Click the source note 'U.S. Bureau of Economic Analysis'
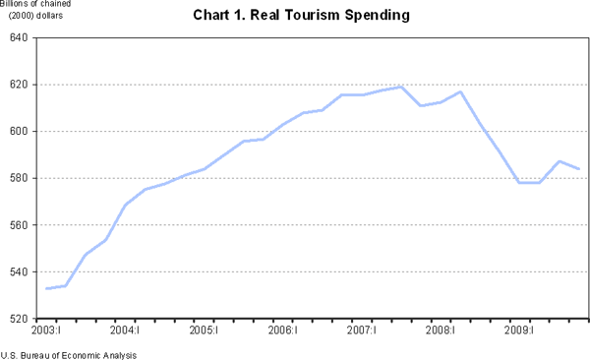point(69,354)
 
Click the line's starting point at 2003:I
point(46,288)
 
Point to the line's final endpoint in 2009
point(579,169)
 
